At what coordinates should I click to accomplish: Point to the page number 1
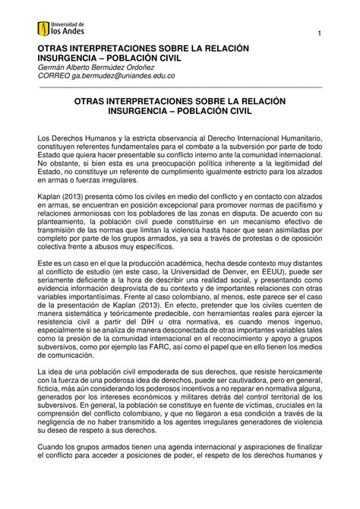(x=321, y=33)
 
